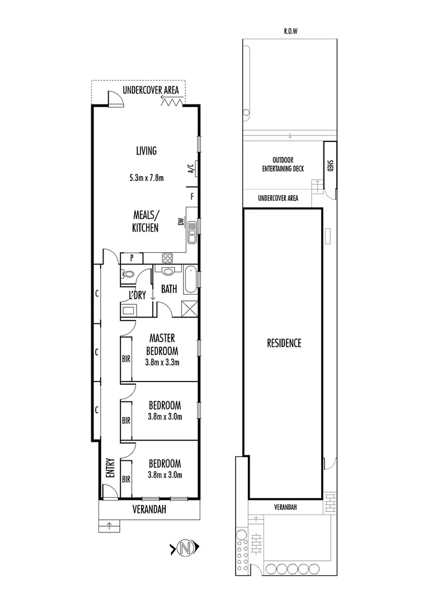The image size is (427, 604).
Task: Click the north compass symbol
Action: [x=184, y=548]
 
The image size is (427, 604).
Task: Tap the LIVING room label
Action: [x=146, y=150]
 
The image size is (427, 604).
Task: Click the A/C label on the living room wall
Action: [x=190, y=169]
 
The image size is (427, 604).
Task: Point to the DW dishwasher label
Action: [x=181, y=223]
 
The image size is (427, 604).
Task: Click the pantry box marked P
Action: [x=132, y=258]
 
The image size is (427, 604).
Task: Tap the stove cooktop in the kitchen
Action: [x=167, y=258]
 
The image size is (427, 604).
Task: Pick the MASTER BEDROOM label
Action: [x=162, y=345]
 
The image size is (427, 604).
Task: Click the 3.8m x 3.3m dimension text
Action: [x=162, y=362]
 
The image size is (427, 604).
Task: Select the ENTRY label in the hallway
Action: [x=110, y=468]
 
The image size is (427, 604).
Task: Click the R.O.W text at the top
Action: [x=290, y=32]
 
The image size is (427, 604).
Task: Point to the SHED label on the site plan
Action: [x=330, y=167]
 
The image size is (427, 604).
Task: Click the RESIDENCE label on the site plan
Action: [x=284, y=343]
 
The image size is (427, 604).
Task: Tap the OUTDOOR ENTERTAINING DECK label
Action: [x=284, y=164]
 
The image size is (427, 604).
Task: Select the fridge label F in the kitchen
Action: [x=192, y=196]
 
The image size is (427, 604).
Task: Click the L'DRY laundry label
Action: [x=137, y=295]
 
